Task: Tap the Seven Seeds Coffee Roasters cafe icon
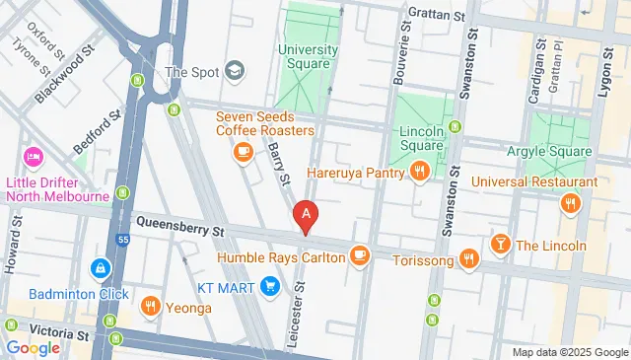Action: pos(243,151)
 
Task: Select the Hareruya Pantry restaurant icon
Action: pos(420,173)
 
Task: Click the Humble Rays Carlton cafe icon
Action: pos(359,256)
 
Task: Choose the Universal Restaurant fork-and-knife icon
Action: pos(569,204)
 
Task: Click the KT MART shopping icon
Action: pos(271,287)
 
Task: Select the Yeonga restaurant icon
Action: pos(150,307)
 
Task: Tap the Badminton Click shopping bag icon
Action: pos(100,267)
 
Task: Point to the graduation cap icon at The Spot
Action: pos(234,71)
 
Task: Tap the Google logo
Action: pos(33,347)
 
